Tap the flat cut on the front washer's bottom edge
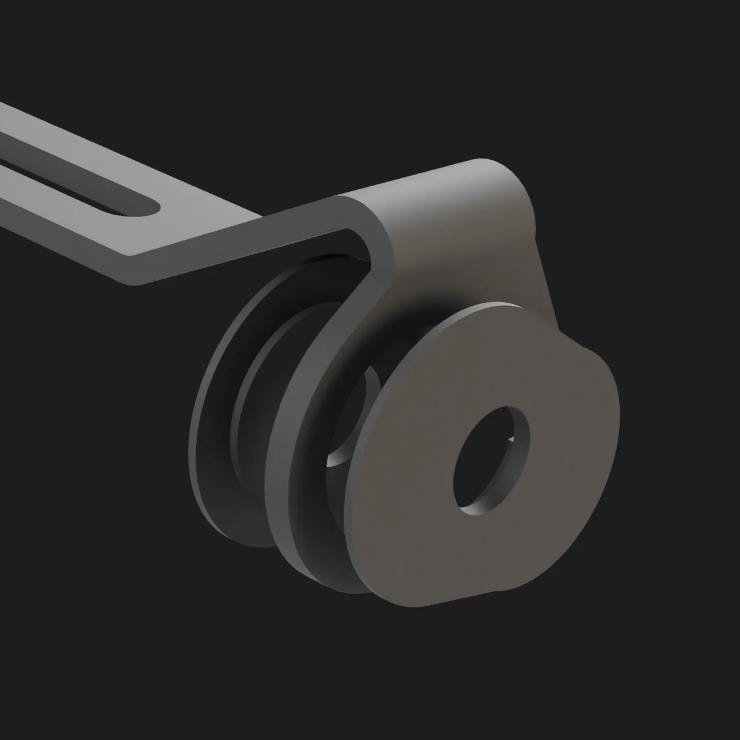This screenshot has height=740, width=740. [x=469, y=601]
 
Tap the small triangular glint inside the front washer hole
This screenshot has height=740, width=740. [x=508, y=439]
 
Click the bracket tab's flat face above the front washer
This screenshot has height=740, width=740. [x=469, y=247]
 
